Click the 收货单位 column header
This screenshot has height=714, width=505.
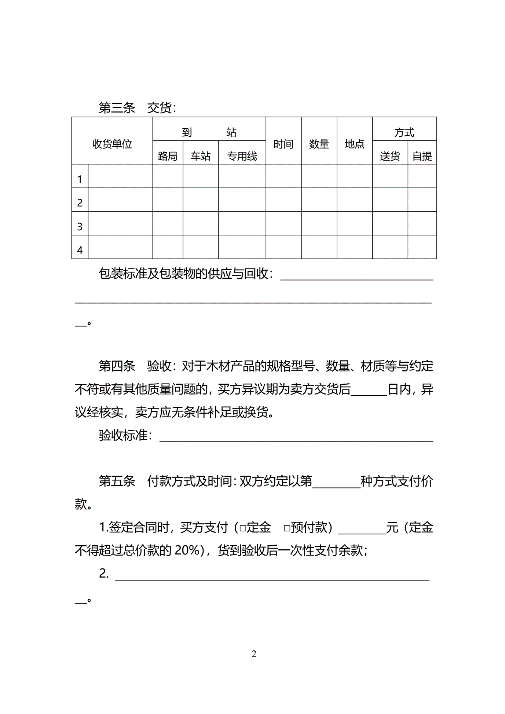[x=112, y=144]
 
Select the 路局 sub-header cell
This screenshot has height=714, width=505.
[x=168, y=156]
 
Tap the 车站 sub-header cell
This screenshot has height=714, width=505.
[x=201, y=156]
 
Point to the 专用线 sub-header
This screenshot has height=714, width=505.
[x=242, y=156]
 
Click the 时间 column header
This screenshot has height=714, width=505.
[x=283, y=144]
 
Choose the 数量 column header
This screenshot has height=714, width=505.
[x=319, y=144]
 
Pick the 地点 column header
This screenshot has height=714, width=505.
[x=355, y=144]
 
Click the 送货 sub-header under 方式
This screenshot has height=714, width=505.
[x=390, y=156]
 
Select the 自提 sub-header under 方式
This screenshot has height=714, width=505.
[x=422, y=156]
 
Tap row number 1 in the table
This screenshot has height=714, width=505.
[x=80, y=179]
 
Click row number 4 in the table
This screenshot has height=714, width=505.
[x=80, y=250]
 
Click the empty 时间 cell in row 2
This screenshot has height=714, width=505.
[x=283, y=200]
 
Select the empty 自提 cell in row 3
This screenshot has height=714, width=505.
[x=422, y=223]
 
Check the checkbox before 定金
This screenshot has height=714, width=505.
[x=242, y=528]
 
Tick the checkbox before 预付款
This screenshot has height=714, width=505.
[x=287, y=528]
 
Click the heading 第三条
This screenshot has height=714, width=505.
[x=117, y=108]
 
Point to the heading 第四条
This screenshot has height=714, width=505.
[x=117, y=366]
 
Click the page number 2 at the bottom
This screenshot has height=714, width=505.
[x=254, y=654]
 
